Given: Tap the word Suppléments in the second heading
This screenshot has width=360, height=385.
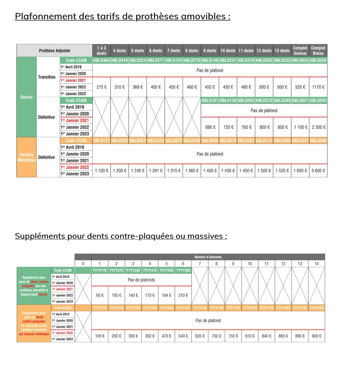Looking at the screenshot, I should pyautogui.click(x=40, y=236).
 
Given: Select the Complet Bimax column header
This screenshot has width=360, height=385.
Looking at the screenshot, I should pyautogui.click(x=318, y=51).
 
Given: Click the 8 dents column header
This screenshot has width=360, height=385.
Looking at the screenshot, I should pyautogui.click(x=192, y=51).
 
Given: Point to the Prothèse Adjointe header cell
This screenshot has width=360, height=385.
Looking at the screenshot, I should pyautogui.click(x=54, y=51).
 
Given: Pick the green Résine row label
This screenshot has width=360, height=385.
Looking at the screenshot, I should pyautogui.click(x=27, y=97).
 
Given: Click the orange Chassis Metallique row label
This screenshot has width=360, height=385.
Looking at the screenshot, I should pyautogui.click(x=27, y=157).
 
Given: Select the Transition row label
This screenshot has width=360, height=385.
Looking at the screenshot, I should pyautogui.click(x=47, y=77).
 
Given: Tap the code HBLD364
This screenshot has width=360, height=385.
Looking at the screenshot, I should pyautogui.click(x=102, y=60).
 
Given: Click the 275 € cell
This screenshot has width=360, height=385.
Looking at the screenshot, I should pyautogui.click(x=102, y=87).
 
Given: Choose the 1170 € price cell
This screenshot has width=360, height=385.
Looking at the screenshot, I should pyautogui.click(x=318, y=87).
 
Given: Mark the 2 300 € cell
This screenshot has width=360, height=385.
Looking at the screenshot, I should pyautogui.click(x=318, y=127).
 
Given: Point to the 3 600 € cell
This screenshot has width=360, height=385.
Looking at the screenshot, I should pyautogui.click(x=318, y=171).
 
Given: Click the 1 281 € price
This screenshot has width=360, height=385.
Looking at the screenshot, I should pyautogui.click(x=155, y=171).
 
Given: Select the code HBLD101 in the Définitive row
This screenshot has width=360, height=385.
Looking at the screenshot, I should pyautogui.click(x=210, y=101).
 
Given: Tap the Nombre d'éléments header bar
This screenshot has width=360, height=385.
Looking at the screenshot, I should pyautogui.click(x=208, y=257).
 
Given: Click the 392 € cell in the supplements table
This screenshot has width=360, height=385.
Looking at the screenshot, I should pyautogui.click(x=150, y=336).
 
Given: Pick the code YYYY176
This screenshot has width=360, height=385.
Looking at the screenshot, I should pyautogui.click(x=100, y=270).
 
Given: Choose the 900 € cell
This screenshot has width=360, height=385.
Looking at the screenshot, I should pyautogui.click(x=316, y=336).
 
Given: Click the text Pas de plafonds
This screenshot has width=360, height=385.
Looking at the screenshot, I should pyautogui.click(x=141, y=280).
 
